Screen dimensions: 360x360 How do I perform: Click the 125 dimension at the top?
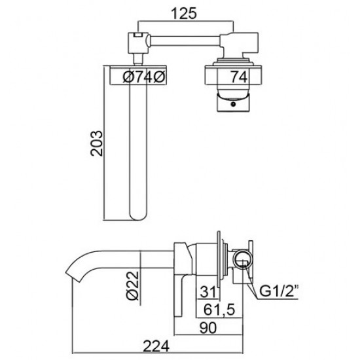184,14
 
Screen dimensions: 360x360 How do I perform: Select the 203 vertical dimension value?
96,143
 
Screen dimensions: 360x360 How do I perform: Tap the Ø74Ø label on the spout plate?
144,77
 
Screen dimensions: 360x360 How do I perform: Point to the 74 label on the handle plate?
239,77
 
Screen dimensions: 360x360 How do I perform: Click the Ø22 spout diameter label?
133,285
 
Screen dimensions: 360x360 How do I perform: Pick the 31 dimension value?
208,292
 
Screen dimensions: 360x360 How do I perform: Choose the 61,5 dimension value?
219,310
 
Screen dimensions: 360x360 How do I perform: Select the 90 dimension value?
207,328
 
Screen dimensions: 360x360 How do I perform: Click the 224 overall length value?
156,346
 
